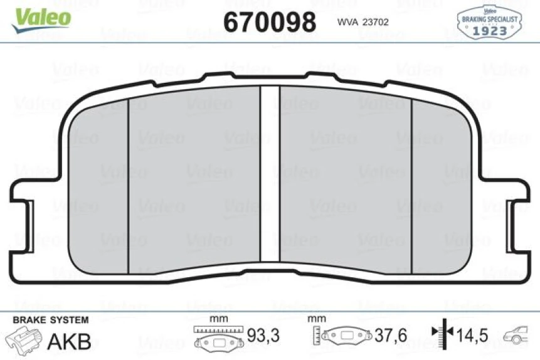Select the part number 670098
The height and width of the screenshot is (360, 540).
(x=270, y=23)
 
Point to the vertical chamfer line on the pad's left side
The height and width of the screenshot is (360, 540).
(x=128, y=185)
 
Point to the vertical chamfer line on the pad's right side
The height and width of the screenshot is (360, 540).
(x=411, y=185)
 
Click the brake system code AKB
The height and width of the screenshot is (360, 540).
(x=70, y=341)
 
